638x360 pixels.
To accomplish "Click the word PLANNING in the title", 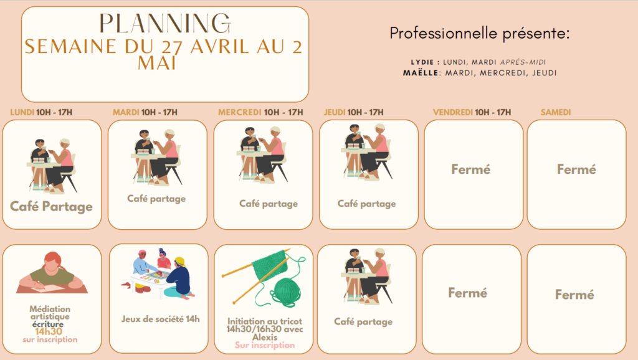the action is [x=165, y=24].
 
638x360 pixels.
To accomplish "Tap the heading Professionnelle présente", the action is [x=480, y=34].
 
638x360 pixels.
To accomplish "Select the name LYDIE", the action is [x=422, y=62].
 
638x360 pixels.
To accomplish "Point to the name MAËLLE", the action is [x=421, y=73].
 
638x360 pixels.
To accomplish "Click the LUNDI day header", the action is [x=22, y=112].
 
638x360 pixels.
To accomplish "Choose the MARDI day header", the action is [x=126, y=112].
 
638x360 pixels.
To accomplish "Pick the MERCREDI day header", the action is [x=240, y=112].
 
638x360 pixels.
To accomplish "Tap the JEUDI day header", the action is [x=335, y=112].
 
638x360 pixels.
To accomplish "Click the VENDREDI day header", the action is [x=453, y=112].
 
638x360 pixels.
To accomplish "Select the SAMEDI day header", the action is [x=556, y=112].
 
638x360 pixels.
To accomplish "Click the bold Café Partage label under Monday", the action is [x=51, y=207].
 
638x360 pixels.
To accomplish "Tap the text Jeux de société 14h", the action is [x=160, y=320].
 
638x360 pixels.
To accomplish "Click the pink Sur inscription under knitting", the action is [x=265, y=345].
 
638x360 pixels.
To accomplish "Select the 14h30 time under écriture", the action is [x=49, y=331].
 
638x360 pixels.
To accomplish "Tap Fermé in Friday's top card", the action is [x=471, y=169].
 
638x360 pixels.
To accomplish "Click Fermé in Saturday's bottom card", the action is [x=574, y=295].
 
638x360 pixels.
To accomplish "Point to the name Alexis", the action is [x=265, y=337].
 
